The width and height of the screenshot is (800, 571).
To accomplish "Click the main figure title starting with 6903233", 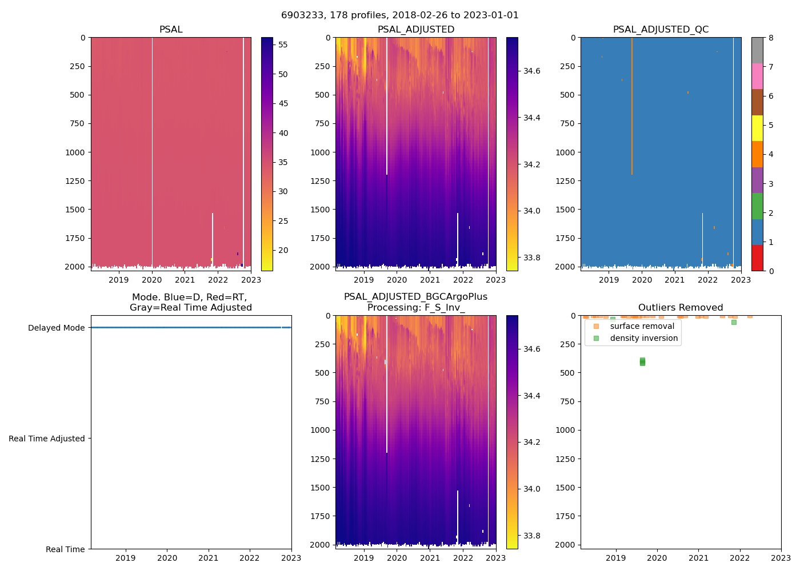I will coord(400,15).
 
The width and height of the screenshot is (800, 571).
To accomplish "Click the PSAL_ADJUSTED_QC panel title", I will coord(661,30).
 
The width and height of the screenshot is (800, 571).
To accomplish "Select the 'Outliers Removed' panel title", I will coord(681,308).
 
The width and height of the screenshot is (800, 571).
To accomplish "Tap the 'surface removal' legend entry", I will coord(642,326).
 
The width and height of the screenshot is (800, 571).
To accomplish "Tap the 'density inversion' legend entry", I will coord(643,338).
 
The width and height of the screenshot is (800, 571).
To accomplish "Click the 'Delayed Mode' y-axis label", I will coord(56,328).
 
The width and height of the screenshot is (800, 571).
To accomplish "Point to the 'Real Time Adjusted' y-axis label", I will coord(47,439).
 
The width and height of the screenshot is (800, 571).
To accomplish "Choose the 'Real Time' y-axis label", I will coord(65,549).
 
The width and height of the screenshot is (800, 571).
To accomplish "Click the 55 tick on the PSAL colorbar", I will coord(283,45).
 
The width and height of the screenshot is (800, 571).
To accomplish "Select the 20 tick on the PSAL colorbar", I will coord(283,250).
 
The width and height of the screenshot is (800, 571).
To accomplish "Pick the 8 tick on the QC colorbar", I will coord(771,38).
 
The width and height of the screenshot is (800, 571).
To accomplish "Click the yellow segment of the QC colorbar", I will coord(757,128).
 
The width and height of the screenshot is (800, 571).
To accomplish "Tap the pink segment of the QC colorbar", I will coord(757,77).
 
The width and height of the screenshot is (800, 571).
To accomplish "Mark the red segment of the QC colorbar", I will coord(757,258).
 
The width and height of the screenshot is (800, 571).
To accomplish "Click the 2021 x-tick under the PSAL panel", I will coord(185,280).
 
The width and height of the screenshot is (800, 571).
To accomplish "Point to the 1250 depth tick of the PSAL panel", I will coord(75,181).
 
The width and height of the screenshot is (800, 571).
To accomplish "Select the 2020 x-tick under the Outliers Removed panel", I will coord(657,558).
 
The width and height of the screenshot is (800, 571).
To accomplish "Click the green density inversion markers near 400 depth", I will coord(642,361).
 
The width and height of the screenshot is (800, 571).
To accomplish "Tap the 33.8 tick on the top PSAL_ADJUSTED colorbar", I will coord(532,258).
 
